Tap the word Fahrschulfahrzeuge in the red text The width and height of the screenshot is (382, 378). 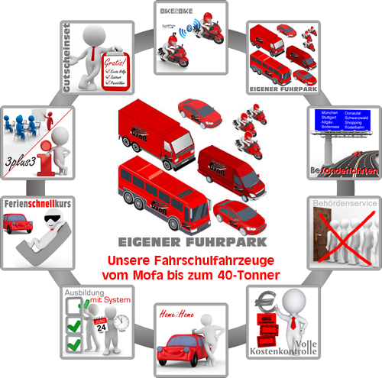[217, 260]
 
